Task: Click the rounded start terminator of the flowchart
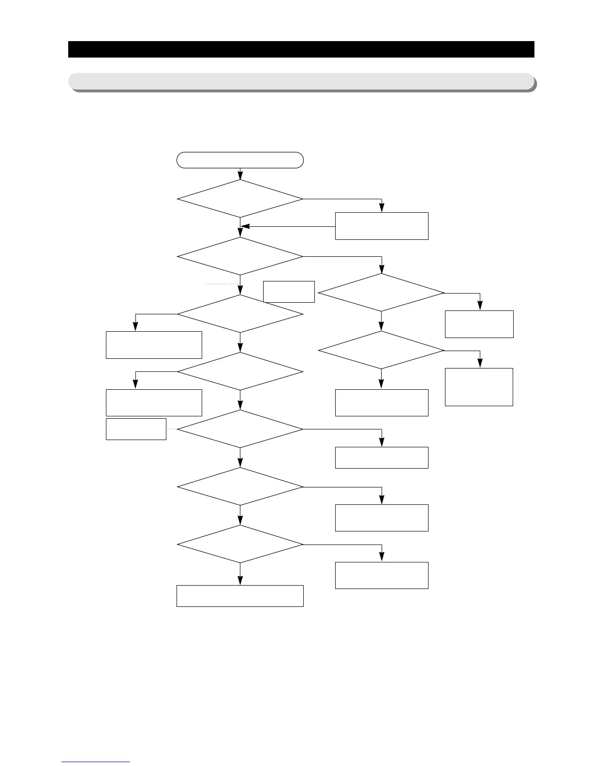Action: (240, 160)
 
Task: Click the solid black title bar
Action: (301, 49)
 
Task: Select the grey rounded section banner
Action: (301, 81)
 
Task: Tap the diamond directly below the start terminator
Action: (240, 199)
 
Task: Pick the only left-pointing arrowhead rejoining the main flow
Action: (245, 226)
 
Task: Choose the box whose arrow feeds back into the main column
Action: (382, 226)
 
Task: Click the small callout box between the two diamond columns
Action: (289, 292)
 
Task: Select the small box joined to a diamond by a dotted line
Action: (136, 429)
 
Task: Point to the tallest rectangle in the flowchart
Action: (479, 387)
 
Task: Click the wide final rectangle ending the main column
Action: (240, 596)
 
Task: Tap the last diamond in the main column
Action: (240, 544)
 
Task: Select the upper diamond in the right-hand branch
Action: (381, 293)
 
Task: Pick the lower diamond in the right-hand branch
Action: (381, 350)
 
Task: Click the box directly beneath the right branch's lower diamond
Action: (382, 402)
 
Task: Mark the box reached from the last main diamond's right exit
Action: (382, 575)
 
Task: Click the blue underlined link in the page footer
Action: (96, 762)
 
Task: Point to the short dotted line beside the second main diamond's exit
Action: (223, 284)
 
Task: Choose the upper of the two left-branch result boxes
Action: (154, 345)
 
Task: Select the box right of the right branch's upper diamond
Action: (479, 324)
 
